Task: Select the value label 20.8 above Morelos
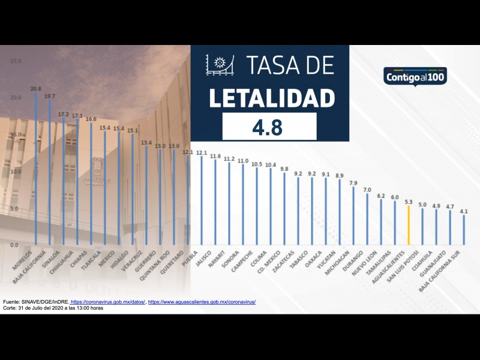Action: click(35, 88)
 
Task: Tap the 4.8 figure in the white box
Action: click(269, 127)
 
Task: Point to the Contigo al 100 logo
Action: click(415, 77)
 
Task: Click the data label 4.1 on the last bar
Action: click(463, 211)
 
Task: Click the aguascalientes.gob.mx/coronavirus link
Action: click(202, 302)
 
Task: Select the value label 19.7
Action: click(49, 95)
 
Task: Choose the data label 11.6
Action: click(215, 156)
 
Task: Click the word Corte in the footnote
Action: click(10, 308)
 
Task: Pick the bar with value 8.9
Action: click(340, 212)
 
